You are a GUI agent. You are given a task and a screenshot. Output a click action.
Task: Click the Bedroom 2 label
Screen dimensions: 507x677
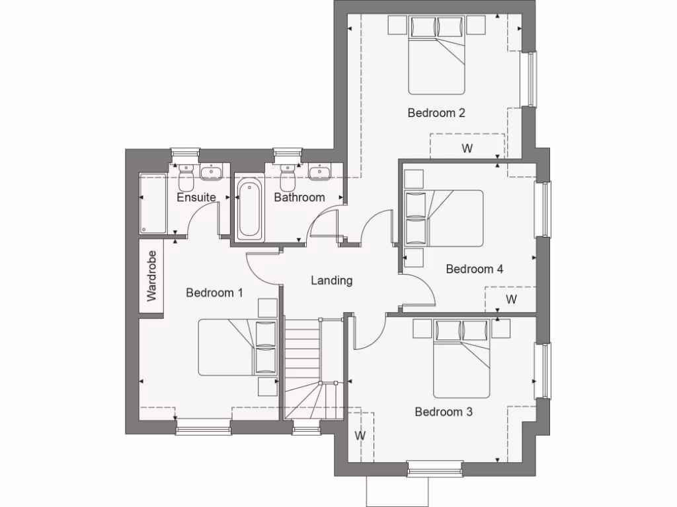tap(436, 113)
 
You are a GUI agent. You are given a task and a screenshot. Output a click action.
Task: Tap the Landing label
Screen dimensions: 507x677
tap(332, 281)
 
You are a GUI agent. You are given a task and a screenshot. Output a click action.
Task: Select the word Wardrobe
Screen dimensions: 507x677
tap(151, 277)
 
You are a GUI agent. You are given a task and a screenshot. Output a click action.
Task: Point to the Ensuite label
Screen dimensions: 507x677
tap(196, 197)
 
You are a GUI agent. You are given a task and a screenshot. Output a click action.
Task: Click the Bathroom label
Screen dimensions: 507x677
tap(299, 197)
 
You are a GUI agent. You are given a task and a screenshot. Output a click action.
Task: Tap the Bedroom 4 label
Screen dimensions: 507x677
tap(475, 269)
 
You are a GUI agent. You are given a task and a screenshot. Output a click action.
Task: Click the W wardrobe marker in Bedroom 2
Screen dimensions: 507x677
tap(467, 149)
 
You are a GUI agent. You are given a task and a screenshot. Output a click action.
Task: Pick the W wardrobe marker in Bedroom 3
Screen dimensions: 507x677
tap(360, 436)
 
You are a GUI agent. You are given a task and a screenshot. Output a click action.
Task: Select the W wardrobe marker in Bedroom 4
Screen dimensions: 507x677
tap(511, 300)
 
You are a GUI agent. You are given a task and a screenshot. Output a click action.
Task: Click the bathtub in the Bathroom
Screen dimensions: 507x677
tap(249, 207)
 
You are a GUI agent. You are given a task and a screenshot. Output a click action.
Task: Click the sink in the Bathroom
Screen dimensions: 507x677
tap(320, 172)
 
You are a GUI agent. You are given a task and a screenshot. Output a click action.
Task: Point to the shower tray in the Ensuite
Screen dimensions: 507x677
tap(154, 203)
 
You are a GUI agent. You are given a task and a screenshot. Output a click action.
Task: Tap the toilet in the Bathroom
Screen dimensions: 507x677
tap(288, 176)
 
